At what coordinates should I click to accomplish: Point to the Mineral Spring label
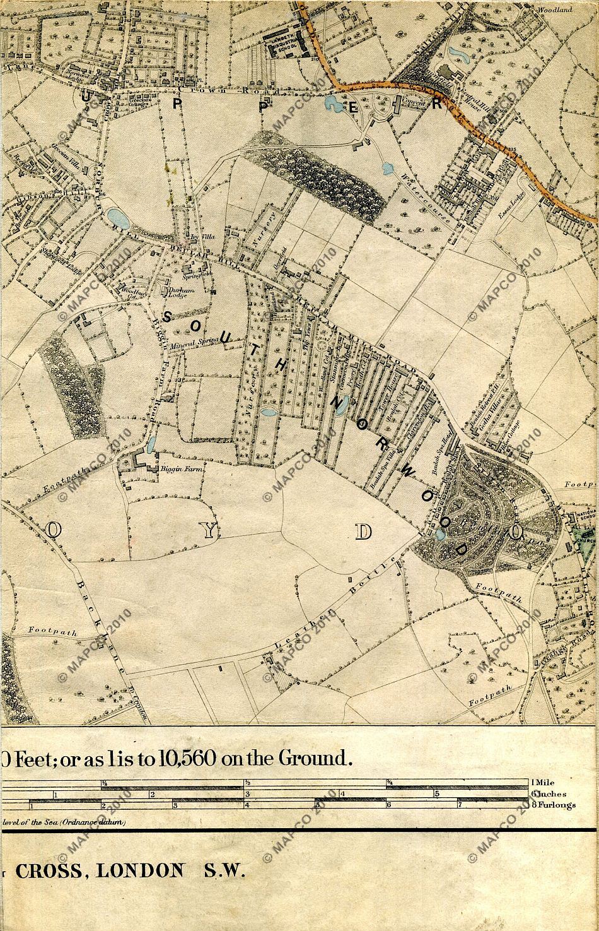[x=196, y=344]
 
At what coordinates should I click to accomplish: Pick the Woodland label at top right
[x=555, y=10]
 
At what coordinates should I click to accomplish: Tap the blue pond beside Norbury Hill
[x=118, y=218]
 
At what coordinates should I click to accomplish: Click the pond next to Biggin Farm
[x=151, y=444]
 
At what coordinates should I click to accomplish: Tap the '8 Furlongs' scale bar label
[x=553, y=805]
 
